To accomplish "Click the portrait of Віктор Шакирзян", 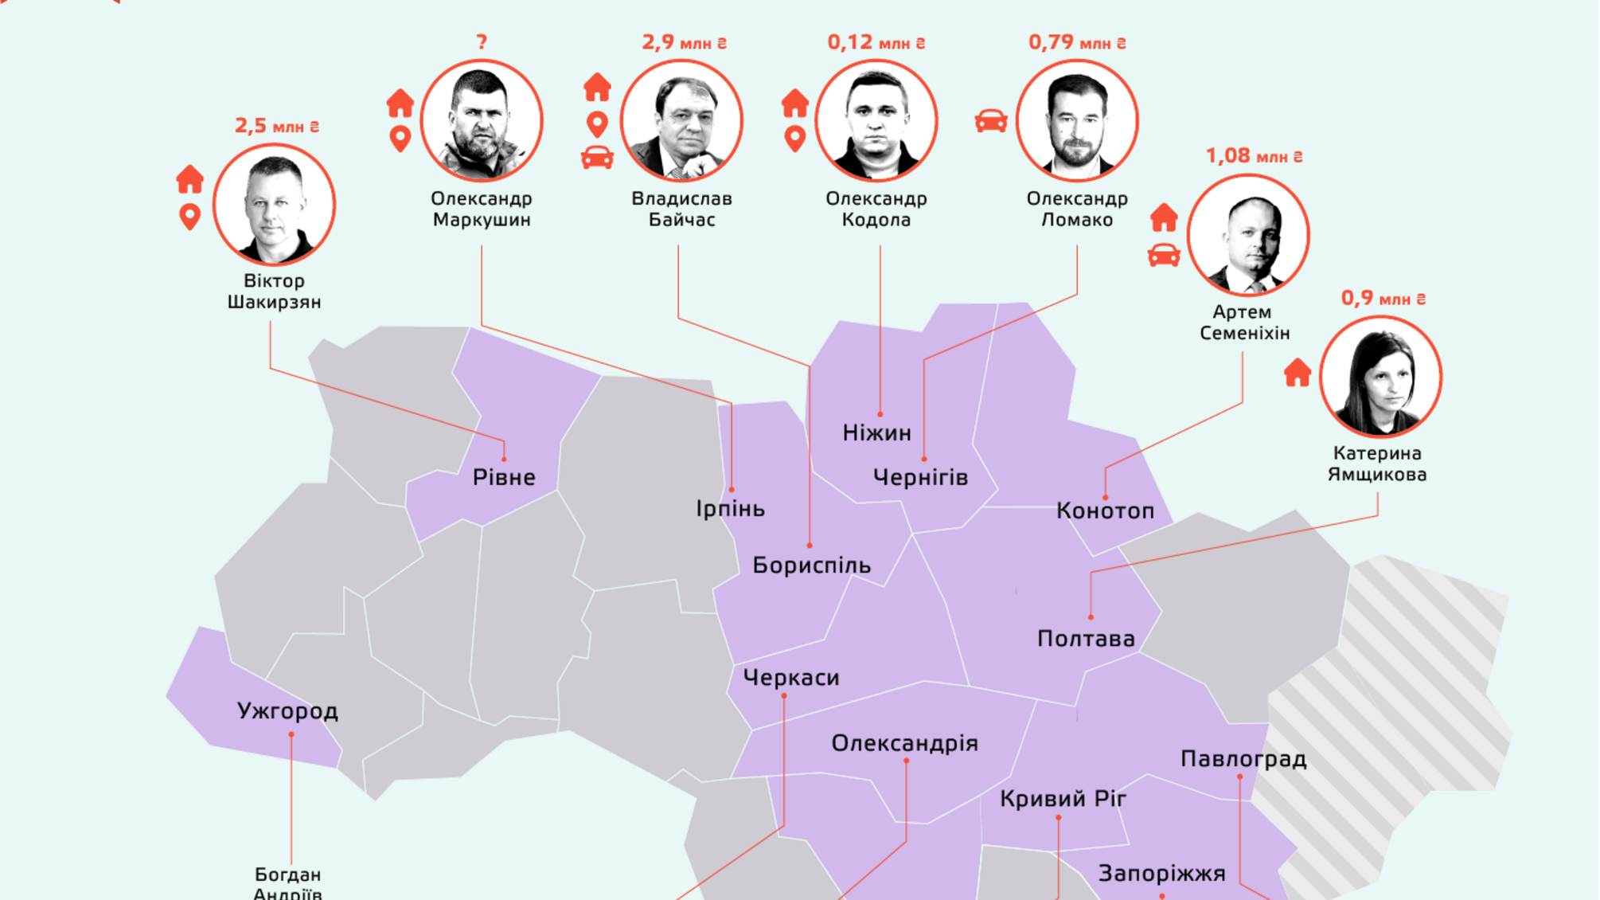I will [x=274, y=205].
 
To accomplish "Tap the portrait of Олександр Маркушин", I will [x=482, y=121].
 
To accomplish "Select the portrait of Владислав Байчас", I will [x=681, y=121].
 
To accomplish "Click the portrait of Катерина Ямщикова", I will [x=1380, y=377].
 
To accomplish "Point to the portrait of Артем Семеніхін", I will [x=1247, y=235].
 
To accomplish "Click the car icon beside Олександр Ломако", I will [x=991, y=121].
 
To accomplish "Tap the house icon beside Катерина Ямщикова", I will [x=1298, y=373].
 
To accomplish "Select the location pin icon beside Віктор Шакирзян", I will [x=189, y=217].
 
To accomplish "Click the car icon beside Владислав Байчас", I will [x=597, y=158].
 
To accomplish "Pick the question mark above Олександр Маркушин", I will [x=482, y=42].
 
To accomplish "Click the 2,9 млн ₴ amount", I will [x=684, y=43].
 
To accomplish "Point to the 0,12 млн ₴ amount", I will [x=876, y=43].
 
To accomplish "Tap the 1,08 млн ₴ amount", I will [x=1254, y=156].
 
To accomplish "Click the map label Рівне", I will [x=504, y=478].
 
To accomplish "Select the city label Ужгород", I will [x=287, y=711].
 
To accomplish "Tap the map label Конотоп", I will [x=1105, y=511].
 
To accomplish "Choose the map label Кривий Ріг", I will [x=1063, y=799].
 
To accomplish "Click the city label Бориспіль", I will [x=811, y=566].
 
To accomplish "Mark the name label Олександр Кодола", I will [x=876, y=209].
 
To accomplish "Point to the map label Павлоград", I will [x=1243, y=759].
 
